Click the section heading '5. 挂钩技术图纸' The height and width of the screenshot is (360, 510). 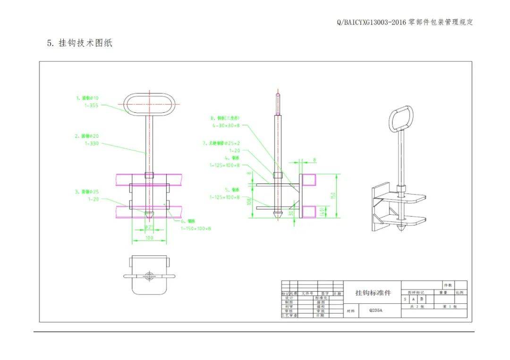point(79,43)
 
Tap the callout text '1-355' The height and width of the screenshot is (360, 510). point(92,106)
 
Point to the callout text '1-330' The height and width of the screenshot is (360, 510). point(92,143)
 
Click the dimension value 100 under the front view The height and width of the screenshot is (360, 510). point(149,238)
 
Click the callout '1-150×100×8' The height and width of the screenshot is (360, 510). point(196,228)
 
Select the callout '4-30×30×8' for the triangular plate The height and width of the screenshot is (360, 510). point(226,126)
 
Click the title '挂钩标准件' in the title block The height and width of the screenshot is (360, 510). point(373,293)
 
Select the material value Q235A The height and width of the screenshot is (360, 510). point(376,310)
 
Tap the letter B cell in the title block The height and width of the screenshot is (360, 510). point(422,299)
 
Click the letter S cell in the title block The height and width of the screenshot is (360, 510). point(405,299)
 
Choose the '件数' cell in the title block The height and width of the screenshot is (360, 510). point(447,285)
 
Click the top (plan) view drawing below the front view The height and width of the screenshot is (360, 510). point(150,275)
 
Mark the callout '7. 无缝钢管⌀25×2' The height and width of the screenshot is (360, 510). point(221,142)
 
